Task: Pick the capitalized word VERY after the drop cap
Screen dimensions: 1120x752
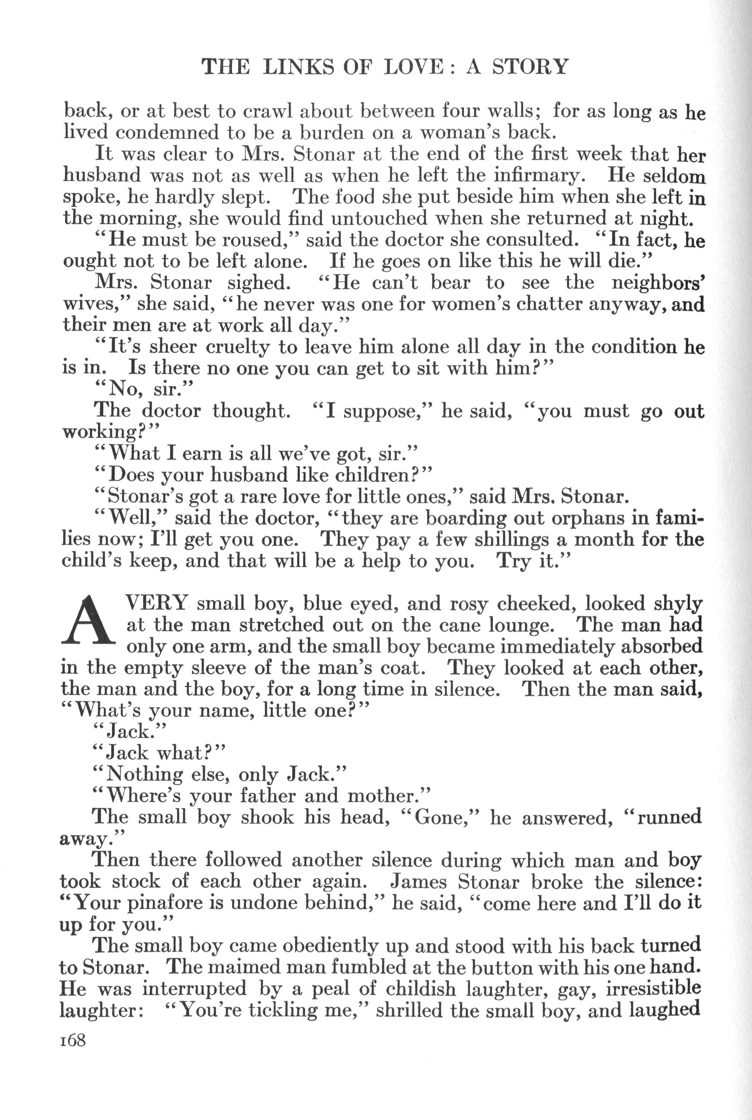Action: point(155,603)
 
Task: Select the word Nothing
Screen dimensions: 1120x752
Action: point(144,775)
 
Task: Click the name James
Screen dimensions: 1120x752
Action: point(419,881)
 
